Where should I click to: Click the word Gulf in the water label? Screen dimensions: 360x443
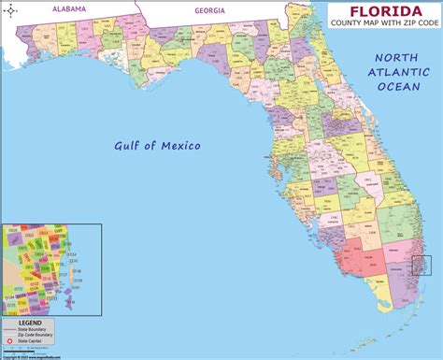point(129,146)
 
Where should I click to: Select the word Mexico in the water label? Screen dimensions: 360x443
point(179,146)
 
